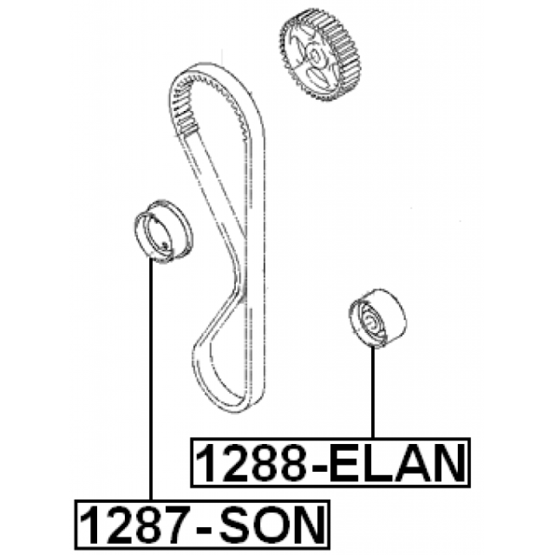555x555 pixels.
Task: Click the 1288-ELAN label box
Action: (330, 461)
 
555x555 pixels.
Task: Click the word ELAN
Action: (396, 462)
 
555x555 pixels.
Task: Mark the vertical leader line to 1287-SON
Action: (151, 382)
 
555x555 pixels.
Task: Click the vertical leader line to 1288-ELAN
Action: (374, 392)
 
